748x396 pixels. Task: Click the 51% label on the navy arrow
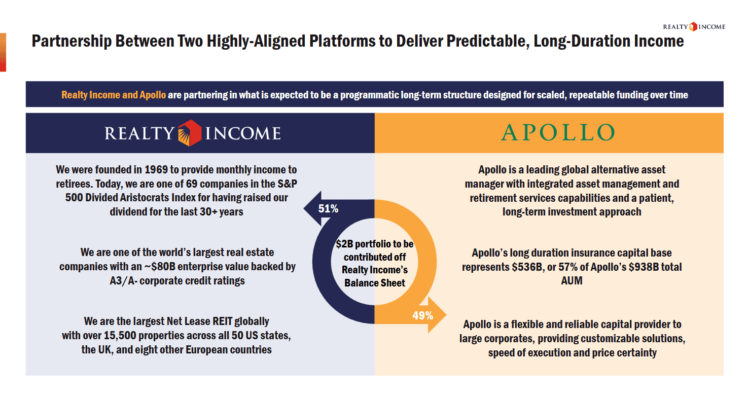[x=328, y=209]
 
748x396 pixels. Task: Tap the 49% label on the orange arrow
[x=423, y=315]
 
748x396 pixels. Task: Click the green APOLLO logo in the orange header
[x=558, y=132]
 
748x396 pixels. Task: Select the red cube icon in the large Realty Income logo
[x=190, y=133]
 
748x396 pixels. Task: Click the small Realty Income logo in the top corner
[x=694, y=27]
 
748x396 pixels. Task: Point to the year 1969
[x=156, y=170]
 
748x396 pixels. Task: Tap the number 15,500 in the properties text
[x=120, y=335]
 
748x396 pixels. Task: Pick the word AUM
[x=572, y=281]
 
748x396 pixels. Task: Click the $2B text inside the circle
[x=344, y=244]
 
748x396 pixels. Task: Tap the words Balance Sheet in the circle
[x=375, y=283]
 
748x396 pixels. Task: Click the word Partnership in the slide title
[x=72, y=42]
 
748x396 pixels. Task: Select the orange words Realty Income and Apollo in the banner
[x=114, y=95]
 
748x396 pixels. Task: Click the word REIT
[x=222, y=321]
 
